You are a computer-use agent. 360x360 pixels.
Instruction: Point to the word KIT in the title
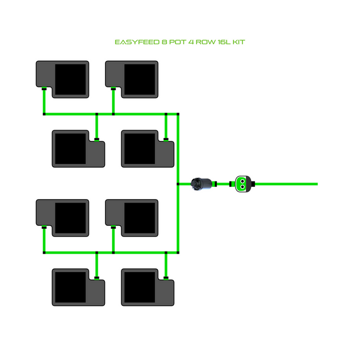pyautogui.click(x=239, y=42)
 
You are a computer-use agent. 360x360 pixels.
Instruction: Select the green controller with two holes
pyautogui.click(x=241, y=183)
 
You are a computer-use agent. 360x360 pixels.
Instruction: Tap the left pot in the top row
pyautogui.click(x=62, y=79)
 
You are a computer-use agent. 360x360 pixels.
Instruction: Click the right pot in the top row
pyautogui.click(x=132, y=79)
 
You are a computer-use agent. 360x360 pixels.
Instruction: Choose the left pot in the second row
pyautogui.click(x=78, y=148)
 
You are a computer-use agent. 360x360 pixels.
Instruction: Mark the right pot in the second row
pyautogui.click(x=148, y=148)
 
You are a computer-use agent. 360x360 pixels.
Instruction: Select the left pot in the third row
pyautogui.click(x=62, y=218)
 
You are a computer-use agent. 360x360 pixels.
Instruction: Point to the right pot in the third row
pyautogui.click(x=132, y=218)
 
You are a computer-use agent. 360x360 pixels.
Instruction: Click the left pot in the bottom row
pyautogui.click(x=78, y=287)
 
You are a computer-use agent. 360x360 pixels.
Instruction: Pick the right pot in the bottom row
pyautogui.click(x=148, y=287)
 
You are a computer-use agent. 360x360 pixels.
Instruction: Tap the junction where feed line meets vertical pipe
pyautogui.click(x=178, y=184)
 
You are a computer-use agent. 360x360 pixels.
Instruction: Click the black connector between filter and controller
pyautogui.click(x=217, y=184)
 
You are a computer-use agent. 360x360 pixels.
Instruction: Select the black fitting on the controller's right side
pyautogui.click(x=254, y=184)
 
